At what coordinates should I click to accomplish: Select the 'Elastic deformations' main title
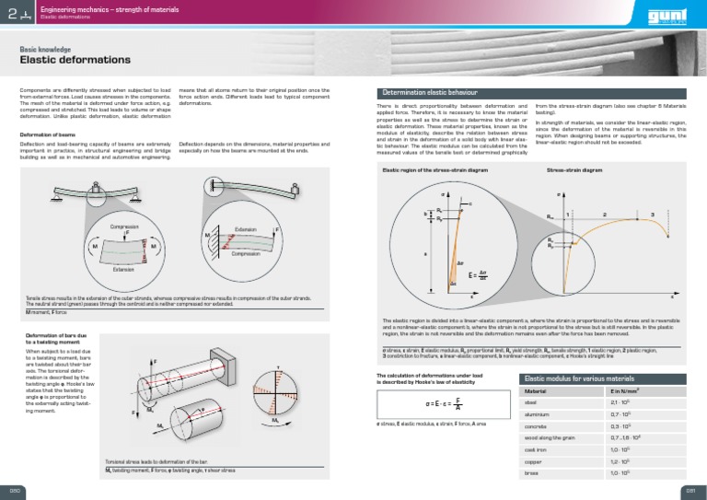(75, 60)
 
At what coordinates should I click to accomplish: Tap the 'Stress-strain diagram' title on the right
(574, 170)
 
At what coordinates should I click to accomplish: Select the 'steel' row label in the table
(530, 402)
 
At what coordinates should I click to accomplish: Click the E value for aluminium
(621, 414)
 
